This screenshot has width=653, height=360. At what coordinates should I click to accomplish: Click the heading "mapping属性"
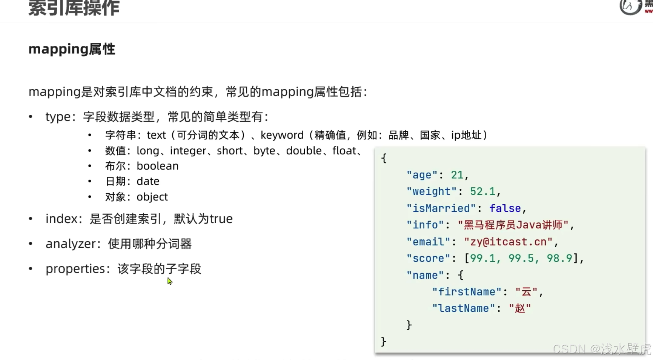coord(72,49)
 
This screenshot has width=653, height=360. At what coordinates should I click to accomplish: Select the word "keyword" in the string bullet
coord(282,135)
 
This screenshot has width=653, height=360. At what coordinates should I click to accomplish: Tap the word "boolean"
coord(158,166)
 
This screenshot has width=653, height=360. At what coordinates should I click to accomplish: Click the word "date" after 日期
coord(148,181)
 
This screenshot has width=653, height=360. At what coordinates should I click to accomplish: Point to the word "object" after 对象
coord(152,197)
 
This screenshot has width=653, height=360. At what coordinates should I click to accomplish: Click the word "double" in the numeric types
coord(304,151)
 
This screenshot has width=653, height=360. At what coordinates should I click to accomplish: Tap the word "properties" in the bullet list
coord(75,269)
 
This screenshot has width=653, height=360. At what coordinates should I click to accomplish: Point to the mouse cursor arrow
coord(169,281)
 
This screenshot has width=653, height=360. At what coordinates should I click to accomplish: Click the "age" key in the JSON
coord(422,175)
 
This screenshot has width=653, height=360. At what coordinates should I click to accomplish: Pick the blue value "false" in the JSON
coord(505,208)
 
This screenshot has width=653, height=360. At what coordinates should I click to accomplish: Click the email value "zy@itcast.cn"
coord(508,242)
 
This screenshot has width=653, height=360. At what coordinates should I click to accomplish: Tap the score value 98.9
coord(559,258)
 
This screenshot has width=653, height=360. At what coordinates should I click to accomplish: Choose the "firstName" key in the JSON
coord(466,292)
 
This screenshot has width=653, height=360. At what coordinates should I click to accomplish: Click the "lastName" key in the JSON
coord(463,308)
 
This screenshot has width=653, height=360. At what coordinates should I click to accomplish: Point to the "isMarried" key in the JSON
coord(441,208)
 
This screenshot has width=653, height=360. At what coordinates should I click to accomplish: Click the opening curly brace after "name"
coord(460,275)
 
